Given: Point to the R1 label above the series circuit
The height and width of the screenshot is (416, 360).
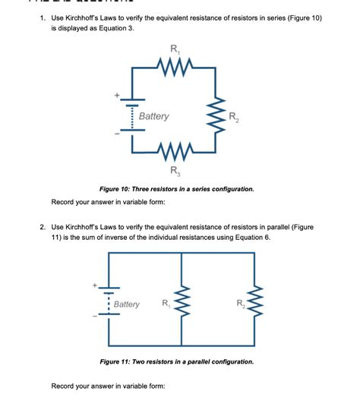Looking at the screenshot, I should [x=175, y=51].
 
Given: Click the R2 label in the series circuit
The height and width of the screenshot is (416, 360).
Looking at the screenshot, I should [x=238, y=117].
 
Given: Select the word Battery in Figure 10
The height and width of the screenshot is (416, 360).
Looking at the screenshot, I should [x=154, y=116].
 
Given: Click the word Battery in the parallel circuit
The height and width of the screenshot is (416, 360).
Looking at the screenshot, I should [x=127, y=304].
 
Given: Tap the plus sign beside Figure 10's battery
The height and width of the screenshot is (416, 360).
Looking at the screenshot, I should [x=117, y=95].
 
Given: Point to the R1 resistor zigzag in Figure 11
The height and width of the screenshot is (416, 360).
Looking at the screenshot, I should [x=182, y=304].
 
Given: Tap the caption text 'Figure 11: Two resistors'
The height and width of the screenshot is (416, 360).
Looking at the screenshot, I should [x=142, y=361].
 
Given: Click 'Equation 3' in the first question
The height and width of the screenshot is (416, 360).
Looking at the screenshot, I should [x=115, y=27].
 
